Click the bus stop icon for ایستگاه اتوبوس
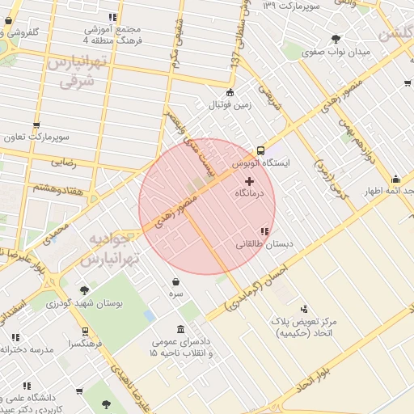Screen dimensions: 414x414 coord(260,150)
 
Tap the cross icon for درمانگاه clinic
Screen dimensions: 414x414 coord(248,181)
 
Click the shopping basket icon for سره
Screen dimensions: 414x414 coord(176,282)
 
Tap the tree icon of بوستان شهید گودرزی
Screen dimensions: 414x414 coord(84,290)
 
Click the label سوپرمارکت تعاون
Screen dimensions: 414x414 coord(37,137)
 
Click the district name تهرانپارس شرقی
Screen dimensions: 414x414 coord(75,72)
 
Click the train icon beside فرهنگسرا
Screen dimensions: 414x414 coord(85,332)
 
